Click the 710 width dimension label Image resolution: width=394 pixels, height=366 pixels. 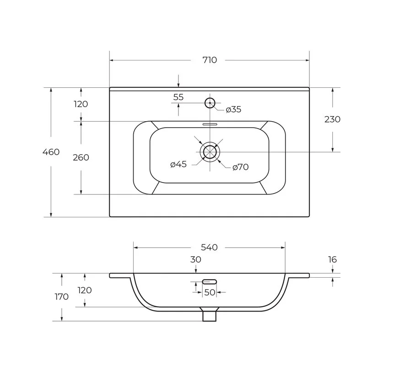click(x=210, y=60)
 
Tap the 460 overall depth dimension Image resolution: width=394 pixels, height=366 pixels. click(x=51, y=152)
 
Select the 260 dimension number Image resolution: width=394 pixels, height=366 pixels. click(x=81, y=157)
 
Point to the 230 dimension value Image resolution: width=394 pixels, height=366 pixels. click(x=332, y=119)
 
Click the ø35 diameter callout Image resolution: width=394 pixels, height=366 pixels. click(x=233, y=109)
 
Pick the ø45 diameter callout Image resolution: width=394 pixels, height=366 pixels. click(x=178, y=164)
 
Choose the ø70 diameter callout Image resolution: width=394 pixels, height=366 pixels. click(x=240, y=167)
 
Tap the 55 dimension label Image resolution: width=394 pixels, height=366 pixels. click(x=178, y=97)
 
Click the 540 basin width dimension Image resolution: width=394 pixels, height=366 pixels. click(x=209, y=248)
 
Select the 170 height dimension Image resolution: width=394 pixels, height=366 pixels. click(x=62, y=296)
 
